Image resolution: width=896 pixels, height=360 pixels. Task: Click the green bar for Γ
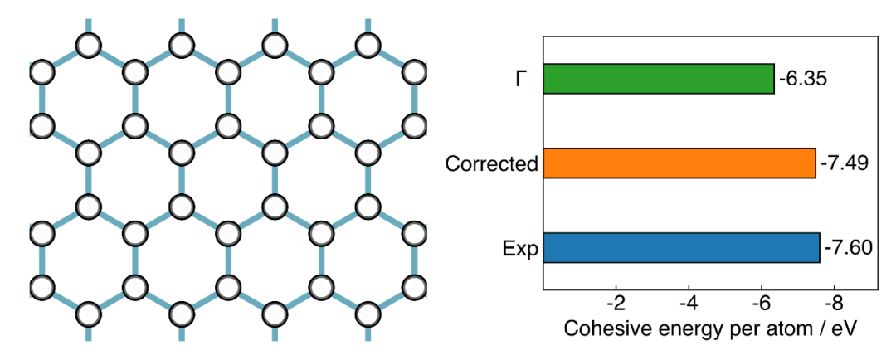[658, 78]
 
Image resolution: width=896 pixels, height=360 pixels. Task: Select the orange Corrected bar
[679, 163]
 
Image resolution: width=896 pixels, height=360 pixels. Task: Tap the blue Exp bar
[681, 247]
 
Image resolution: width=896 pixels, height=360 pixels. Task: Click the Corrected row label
[492, 164]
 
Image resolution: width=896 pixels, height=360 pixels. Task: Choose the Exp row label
[521, 249]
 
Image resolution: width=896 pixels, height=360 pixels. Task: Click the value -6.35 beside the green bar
[803, 79]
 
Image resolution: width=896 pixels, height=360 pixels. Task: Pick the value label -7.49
[845, 163]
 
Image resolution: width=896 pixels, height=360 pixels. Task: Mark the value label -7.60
[849, 248]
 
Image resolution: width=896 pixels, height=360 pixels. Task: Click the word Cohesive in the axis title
[600, 329]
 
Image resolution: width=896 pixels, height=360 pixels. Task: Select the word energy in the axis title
[673, 331]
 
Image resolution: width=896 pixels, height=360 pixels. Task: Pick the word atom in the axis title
[767, 329]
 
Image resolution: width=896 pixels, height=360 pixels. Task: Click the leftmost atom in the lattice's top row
[89, 46]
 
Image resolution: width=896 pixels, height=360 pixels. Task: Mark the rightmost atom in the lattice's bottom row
[368, 314]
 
